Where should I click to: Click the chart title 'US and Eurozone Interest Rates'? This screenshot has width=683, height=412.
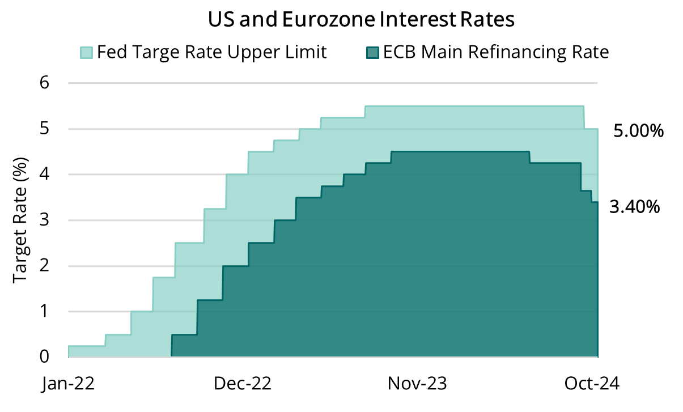(x=361, y=20)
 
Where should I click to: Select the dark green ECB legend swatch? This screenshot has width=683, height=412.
(x=371, y=53)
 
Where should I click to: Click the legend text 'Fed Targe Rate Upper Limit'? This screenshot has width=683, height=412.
(x=212, y=53)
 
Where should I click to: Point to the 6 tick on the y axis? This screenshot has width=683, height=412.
(x=44, y=83)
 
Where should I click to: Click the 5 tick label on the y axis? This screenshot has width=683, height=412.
(x=44, y=129)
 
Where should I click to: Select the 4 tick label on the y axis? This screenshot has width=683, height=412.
(x=44, y=175)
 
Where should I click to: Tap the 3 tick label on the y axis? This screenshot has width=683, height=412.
(x=44, y=220)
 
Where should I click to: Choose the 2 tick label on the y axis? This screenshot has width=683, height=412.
(x=44, y=266)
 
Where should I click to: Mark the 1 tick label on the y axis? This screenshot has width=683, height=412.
(x=44, y=312)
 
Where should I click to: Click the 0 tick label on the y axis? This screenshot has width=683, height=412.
(x=44, y=357)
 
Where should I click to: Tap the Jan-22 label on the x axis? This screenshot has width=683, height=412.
(x=68, y=384)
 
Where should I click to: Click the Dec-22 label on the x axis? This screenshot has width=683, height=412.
(x=242, y=384)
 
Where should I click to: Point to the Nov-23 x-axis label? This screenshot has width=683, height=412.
(x=417, y=384)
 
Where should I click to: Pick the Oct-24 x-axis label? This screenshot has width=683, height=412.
(x=592, y=384)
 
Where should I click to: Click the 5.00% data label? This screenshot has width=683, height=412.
(x=638, y=131)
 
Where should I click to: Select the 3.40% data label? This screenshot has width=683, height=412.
(x=634, y=207)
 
